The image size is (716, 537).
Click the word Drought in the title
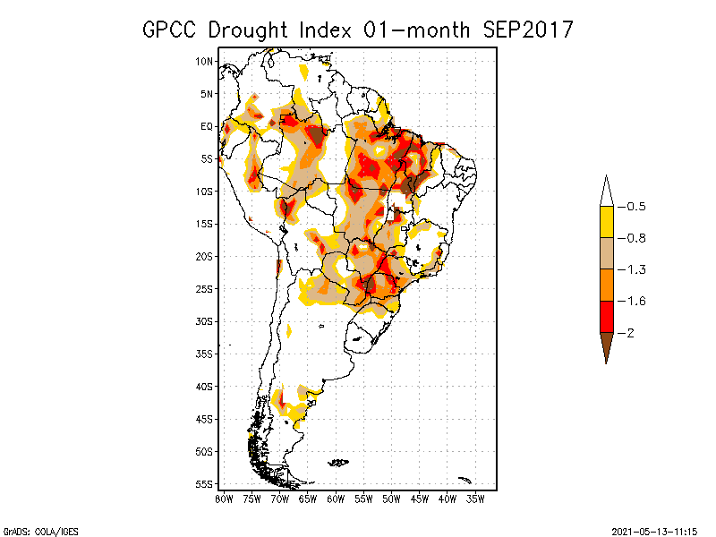tap(251, 30)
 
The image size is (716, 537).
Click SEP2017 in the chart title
tap(528, 30)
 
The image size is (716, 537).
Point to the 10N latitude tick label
tap(205, 61)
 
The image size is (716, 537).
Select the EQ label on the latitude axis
tap(207, 126)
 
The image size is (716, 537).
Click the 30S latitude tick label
tap(205, 321)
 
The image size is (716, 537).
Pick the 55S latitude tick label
tap(205, 484)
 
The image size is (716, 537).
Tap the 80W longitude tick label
tap(224, 499)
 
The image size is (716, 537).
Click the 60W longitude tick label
tap(336, 499)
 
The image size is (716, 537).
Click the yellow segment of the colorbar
tap(606, 222)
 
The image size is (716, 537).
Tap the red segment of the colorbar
tap(606, 316)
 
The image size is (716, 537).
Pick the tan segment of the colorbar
tap(606, 253)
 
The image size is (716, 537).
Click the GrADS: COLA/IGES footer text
tap(33, 530)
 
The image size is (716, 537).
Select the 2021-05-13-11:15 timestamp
tap(654, 530)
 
